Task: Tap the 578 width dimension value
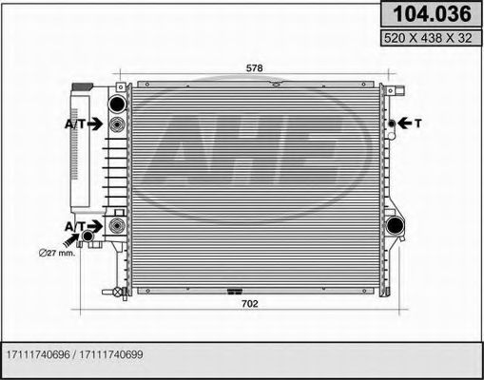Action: (x=254, y=68)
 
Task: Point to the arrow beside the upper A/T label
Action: (x=97, y=124)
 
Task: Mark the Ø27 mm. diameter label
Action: (x=57, y=253)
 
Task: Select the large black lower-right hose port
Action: (x=394, y=226)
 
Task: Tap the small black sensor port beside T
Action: (x=389, y=123)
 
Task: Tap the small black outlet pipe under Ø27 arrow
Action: (x=89, y=236)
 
